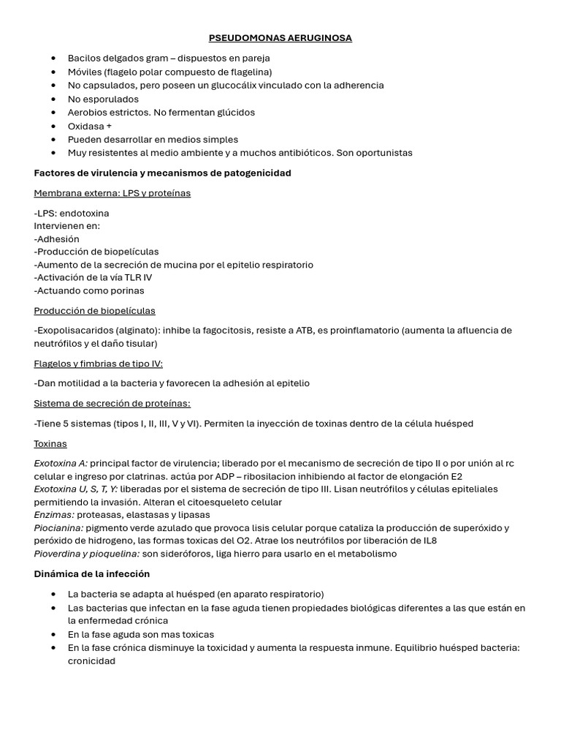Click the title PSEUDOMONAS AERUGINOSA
280,38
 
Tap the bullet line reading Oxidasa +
89,126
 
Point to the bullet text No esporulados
103,99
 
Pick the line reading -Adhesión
56,239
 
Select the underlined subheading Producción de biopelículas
94,311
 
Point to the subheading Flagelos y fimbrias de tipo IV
98,364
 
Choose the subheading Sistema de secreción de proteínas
112,404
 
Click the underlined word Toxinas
50,444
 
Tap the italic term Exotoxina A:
61,464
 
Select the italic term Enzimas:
54,515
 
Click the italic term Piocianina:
58,528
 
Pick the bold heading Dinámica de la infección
91,574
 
